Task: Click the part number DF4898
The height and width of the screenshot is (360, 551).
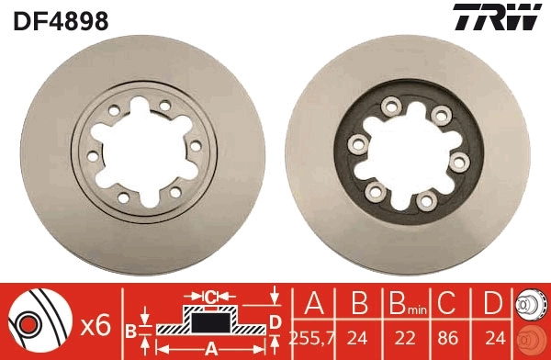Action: click(x=61, y=19)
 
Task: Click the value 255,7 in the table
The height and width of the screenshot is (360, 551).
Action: click(x=313, y=337)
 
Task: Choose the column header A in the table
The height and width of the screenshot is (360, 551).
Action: click(x=313, y=303)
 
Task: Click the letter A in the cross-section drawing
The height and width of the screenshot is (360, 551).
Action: click(x=210, y=347)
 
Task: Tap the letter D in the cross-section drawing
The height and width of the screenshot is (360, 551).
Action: click(x=275, y=321)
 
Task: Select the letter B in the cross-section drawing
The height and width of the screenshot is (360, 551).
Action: click(x=131, y=329)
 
